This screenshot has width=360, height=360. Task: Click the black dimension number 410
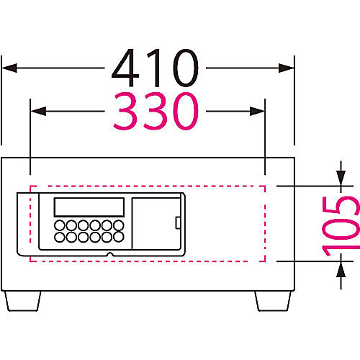[155, 68]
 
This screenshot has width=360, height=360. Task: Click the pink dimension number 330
[156, 111]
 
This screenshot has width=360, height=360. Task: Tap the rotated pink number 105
[341, 226]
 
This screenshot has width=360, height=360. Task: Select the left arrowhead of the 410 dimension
[9, 68]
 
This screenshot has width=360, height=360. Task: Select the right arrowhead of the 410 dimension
[286, 68]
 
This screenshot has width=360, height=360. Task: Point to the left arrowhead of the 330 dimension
[38, 111]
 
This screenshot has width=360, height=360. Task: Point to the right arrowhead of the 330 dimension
[257, 111]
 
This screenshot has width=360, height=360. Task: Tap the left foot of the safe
[23, 301]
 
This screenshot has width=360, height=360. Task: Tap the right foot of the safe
[273, 301]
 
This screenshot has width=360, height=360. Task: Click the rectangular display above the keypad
[89, 207]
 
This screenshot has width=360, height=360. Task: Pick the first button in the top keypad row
[60, 225]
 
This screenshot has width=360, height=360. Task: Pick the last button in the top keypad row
[119, 225]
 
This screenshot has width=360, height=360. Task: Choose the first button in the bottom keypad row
[60, 237]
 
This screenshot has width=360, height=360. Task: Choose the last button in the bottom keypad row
[119, 237]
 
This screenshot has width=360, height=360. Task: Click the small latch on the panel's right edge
[178, 222]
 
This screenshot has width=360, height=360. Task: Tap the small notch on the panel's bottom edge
[110, 254]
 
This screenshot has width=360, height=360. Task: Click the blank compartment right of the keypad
[156, 224]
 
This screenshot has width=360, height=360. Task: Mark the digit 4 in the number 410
[125, 68]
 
